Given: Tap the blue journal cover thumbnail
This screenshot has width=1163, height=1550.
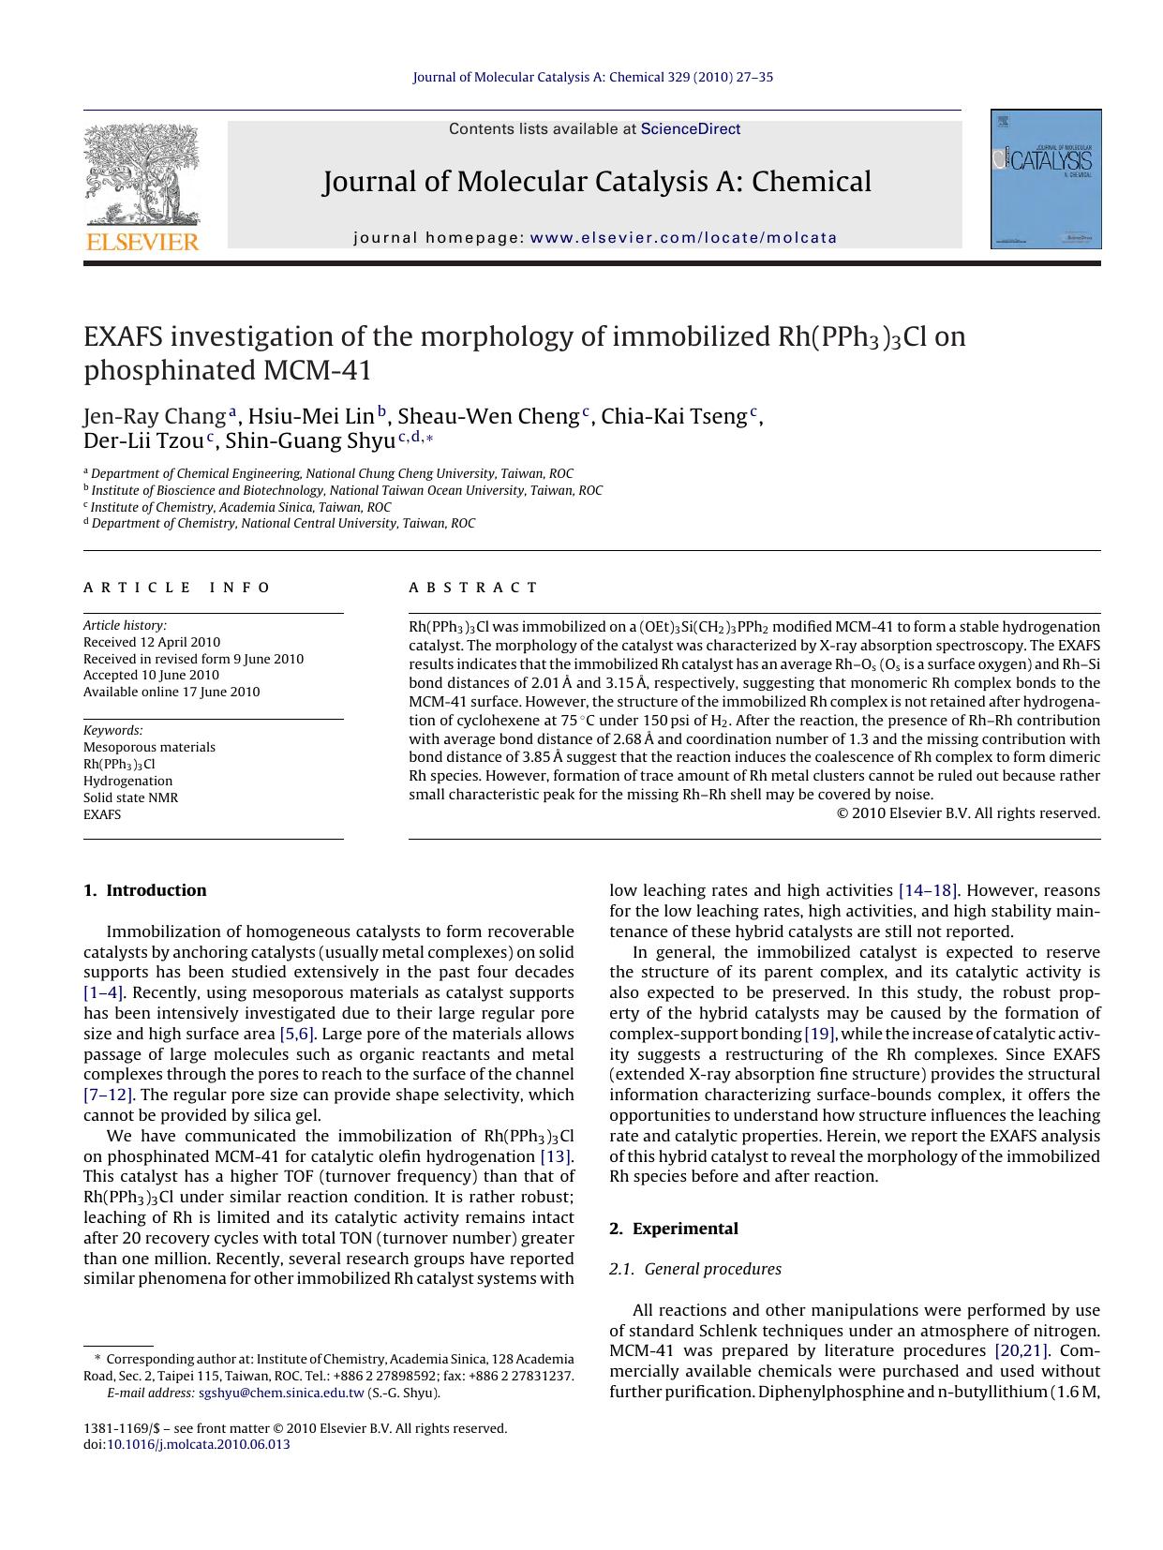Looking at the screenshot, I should pos(1046,179).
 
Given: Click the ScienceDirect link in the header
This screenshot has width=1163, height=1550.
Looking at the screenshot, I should pos(690,129).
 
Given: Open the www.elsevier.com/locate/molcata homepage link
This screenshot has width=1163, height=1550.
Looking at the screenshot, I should pos(683,238).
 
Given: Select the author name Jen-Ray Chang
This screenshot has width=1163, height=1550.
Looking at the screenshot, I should pos(155,416).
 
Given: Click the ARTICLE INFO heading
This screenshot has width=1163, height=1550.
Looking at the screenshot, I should pos(177,588).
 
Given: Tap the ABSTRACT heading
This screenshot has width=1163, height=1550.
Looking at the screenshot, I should pos(473,588).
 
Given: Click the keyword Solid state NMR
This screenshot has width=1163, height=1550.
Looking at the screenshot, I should pos(130,797).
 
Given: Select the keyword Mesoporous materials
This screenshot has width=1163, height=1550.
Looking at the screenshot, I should pos(149,747).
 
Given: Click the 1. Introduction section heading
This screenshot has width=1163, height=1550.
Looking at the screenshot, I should pos(145,890).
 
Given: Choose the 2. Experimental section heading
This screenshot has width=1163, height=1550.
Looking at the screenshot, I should pos(673,1229).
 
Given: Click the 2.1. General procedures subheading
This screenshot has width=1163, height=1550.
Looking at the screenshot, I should pos(695,1269).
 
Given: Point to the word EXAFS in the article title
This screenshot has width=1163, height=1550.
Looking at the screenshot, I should pos(126,336).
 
